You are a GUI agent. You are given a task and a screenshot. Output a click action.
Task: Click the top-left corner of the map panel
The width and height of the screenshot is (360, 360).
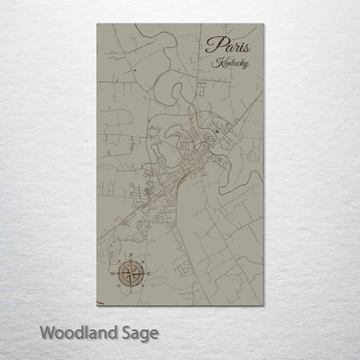coord(97,24)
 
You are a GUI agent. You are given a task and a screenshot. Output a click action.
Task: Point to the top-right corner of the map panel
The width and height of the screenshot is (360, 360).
coord(263,24)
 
